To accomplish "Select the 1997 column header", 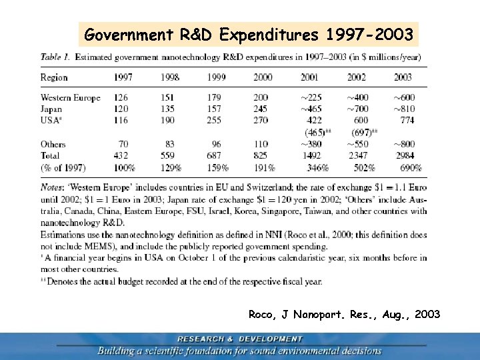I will [123, 77].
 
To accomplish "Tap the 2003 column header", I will [403, 77].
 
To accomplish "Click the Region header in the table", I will [54, 77].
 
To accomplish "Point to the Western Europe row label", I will [71, 98].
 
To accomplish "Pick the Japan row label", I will [51, 109].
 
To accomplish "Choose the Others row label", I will [53, 144].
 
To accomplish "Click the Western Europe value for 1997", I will [121, 98].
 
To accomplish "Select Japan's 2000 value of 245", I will [261, 109].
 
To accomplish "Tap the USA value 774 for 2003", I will [406, 121].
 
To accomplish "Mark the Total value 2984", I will [404, 155].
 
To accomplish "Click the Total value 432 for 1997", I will [121, 155].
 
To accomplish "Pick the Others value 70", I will [123, 144].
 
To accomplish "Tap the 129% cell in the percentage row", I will [171, 167].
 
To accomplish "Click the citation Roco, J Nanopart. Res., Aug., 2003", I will [344, 314].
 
